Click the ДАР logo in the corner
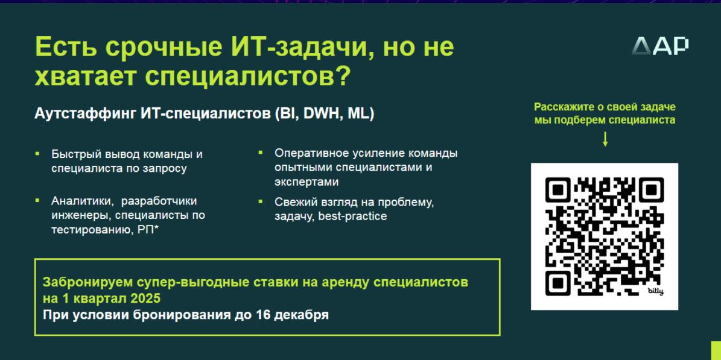pos(660,46)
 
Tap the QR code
pos(604,236)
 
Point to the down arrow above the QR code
pos(605,139)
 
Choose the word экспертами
pos(307,182)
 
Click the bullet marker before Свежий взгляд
pos(260,201)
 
